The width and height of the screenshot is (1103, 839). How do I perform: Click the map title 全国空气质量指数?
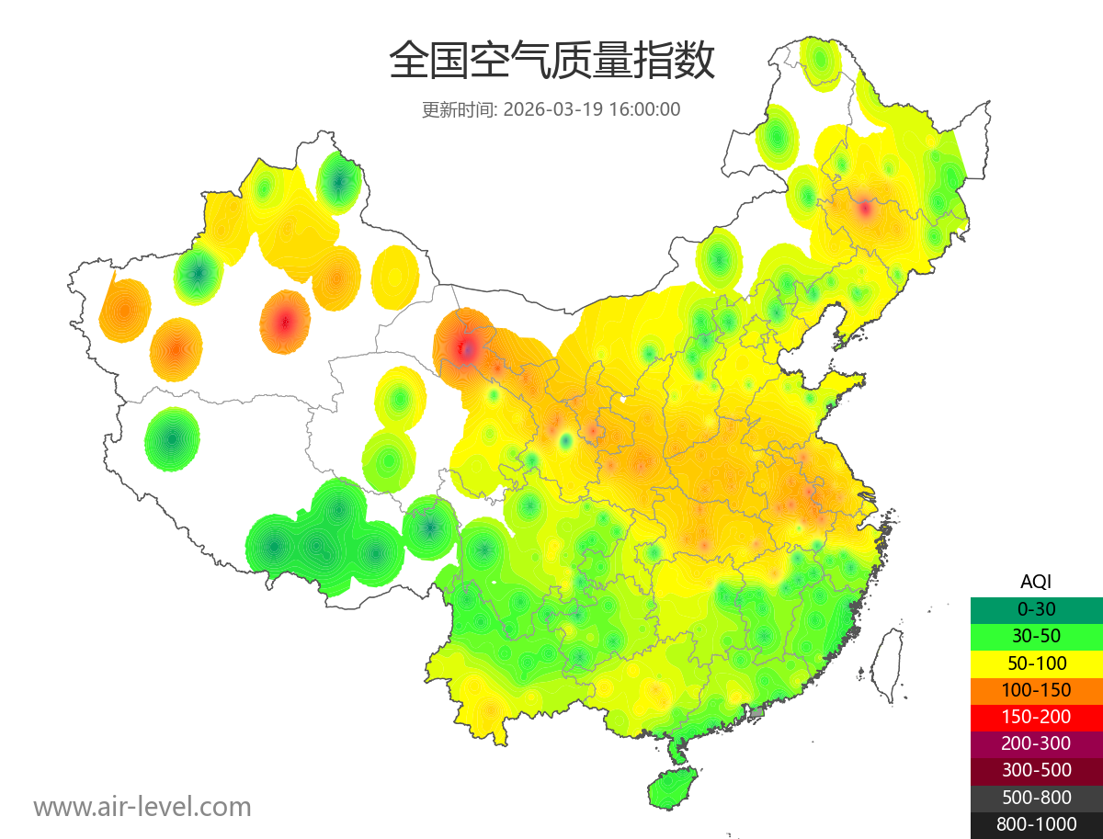coord(551,62)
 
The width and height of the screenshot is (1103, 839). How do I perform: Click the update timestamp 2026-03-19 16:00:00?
coord(592,109)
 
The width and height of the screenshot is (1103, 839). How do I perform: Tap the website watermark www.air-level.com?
coord(142,807)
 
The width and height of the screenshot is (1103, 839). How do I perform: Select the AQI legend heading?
coord(1036,581)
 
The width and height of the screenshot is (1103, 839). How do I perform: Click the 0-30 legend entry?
coord(1036,608)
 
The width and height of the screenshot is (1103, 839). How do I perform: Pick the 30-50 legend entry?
coord(1036,635)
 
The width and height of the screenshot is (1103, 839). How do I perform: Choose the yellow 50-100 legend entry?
coord(1036,663)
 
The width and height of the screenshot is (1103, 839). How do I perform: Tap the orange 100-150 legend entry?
coord(1036,689)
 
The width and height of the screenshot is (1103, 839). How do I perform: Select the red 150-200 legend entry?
coord(1036,717)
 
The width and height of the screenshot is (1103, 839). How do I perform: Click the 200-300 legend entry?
coord(1036,743)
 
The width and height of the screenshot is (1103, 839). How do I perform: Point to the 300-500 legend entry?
coord(1036,770)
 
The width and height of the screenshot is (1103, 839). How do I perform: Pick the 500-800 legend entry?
coord(1036,798)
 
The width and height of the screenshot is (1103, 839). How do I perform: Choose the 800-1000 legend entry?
coord(1036,824)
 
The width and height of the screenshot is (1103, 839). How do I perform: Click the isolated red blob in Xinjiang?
coord(285,323)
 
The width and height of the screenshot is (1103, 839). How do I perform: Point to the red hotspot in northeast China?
coord(864,209)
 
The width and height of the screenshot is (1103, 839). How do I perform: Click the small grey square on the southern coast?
coord(757,712)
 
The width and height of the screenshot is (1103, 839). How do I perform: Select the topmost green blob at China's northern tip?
coord(820,60)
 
